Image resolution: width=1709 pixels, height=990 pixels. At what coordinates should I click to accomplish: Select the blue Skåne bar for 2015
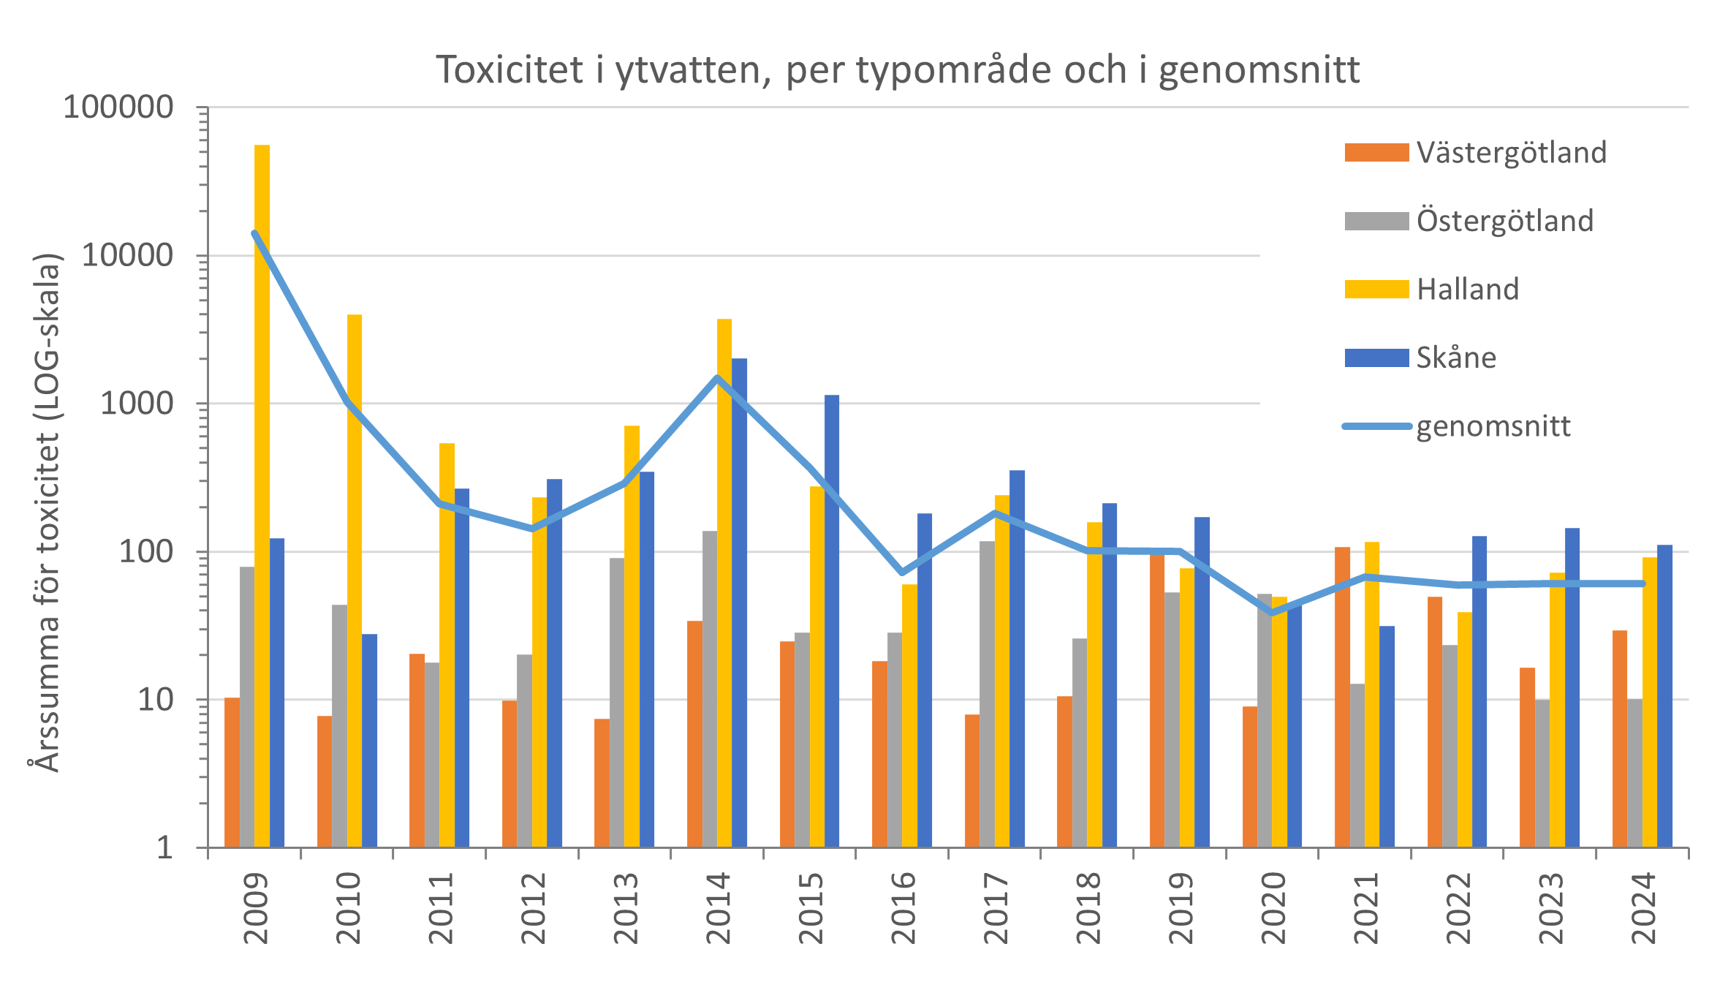pos(832,621)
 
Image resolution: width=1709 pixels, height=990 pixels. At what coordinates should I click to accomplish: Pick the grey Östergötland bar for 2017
pos(987,694)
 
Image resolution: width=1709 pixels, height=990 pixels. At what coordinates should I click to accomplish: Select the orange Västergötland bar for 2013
pos(602,782)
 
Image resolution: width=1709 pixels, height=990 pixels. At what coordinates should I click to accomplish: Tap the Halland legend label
pos(1467,290)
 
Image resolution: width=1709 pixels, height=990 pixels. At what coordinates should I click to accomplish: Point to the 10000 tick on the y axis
pos(127,256)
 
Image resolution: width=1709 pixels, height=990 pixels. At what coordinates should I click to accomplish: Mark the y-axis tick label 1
pos(164,847)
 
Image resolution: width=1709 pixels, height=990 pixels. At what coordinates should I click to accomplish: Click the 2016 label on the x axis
pos(903,907)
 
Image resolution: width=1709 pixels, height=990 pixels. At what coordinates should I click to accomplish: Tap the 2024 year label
pos(1643,907)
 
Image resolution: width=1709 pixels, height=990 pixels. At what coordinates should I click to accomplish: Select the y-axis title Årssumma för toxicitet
pos(47,512)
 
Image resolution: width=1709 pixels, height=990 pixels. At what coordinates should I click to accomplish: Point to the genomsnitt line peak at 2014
pos(717,378)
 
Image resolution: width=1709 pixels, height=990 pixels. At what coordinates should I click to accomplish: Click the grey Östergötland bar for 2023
pos(1542,773)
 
